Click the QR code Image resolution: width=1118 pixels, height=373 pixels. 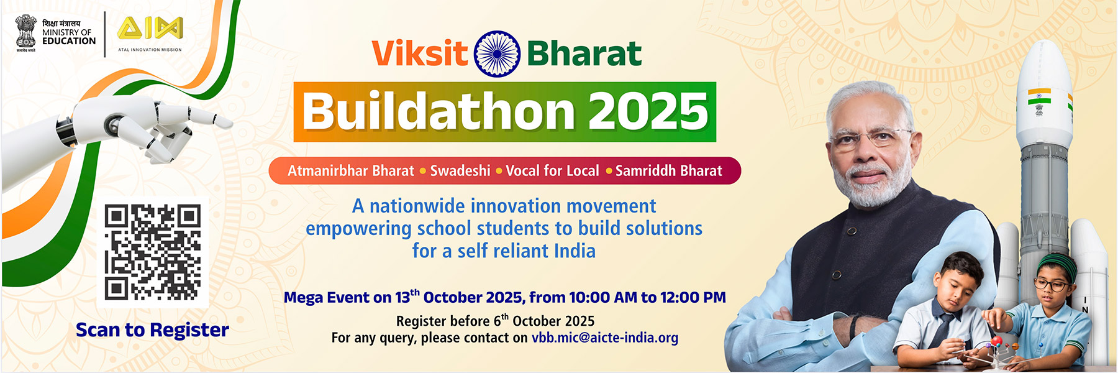[152, 252]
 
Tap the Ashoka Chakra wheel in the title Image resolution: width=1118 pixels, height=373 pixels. [497, 54]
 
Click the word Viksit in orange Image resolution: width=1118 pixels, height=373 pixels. [420, 53]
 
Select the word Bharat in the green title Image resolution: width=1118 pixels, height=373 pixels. [584, 53]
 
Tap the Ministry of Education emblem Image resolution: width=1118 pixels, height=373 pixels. [25, 33]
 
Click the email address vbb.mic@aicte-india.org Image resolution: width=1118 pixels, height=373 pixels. [605, 338]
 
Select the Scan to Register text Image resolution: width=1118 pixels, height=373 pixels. [152, 329]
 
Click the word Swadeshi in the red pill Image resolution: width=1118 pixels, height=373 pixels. [460, 170]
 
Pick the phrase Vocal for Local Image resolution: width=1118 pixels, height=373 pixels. [552, 170]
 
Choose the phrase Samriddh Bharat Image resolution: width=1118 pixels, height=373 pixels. [668, 170]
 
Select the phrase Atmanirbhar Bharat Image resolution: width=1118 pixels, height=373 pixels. [350, 170]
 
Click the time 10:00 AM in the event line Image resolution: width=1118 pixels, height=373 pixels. [589, 297]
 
